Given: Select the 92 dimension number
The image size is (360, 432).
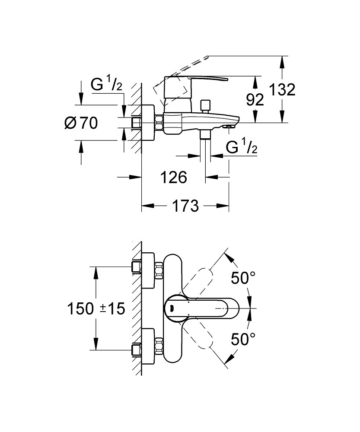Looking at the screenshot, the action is [255, 99].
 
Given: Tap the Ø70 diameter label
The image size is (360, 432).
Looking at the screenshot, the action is [81, 123].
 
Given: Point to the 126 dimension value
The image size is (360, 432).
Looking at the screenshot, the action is [174, 177].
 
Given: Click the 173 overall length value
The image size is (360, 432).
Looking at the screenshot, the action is [185, 206].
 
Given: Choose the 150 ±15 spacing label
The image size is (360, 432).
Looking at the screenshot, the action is [96, 308].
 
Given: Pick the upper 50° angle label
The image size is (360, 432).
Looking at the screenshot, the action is [243, 278].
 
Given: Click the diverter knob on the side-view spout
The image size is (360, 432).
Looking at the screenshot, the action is [205, 106].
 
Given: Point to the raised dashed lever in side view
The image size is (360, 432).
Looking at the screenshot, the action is [179, 74].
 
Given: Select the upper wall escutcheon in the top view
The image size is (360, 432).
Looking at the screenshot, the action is [148, 270].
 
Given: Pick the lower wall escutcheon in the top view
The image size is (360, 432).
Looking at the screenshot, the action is [148, 346].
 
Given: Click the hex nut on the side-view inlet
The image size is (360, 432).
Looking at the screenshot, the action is [159, 123].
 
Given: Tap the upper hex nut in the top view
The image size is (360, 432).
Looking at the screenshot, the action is [159, 270].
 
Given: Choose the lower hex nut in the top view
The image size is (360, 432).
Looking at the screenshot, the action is [159, 346].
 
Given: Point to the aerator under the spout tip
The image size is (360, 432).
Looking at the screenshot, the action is [229, 126].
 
